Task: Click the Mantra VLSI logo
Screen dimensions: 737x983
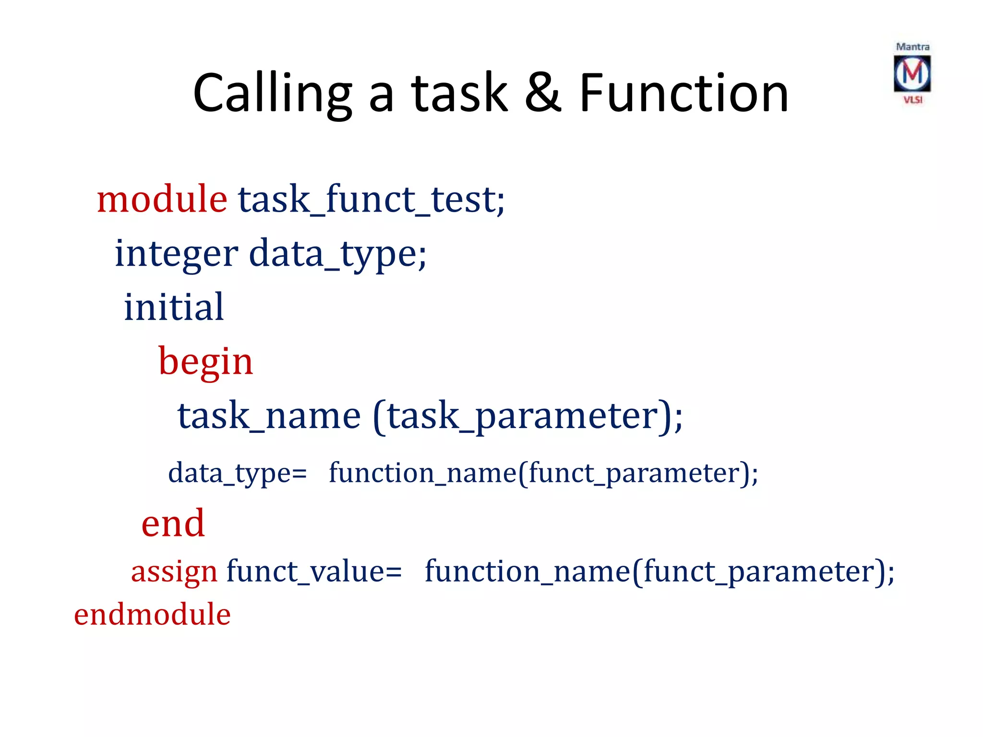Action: (912, 73)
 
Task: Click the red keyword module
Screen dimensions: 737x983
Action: (162, 199)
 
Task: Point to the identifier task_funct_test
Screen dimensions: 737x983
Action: (371, 199)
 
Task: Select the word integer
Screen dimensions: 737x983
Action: (176, 253)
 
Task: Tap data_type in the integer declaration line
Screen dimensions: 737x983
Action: (337, 253)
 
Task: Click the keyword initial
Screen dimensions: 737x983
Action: (174, 307)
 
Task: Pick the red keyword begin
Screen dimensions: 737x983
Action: (205, 361)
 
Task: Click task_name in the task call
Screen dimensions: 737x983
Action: (269, 416)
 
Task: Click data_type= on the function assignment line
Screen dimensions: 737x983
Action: (237, 473)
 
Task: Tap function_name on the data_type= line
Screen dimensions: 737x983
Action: (422, 473)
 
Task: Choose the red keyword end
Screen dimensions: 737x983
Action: (173, 523)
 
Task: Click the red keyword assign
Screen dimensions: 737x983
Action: (174, 571)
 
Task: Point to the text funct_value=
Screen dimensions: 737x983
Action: (314, 571)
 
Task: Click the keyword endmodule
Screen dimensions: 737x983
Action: (152, 615)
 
